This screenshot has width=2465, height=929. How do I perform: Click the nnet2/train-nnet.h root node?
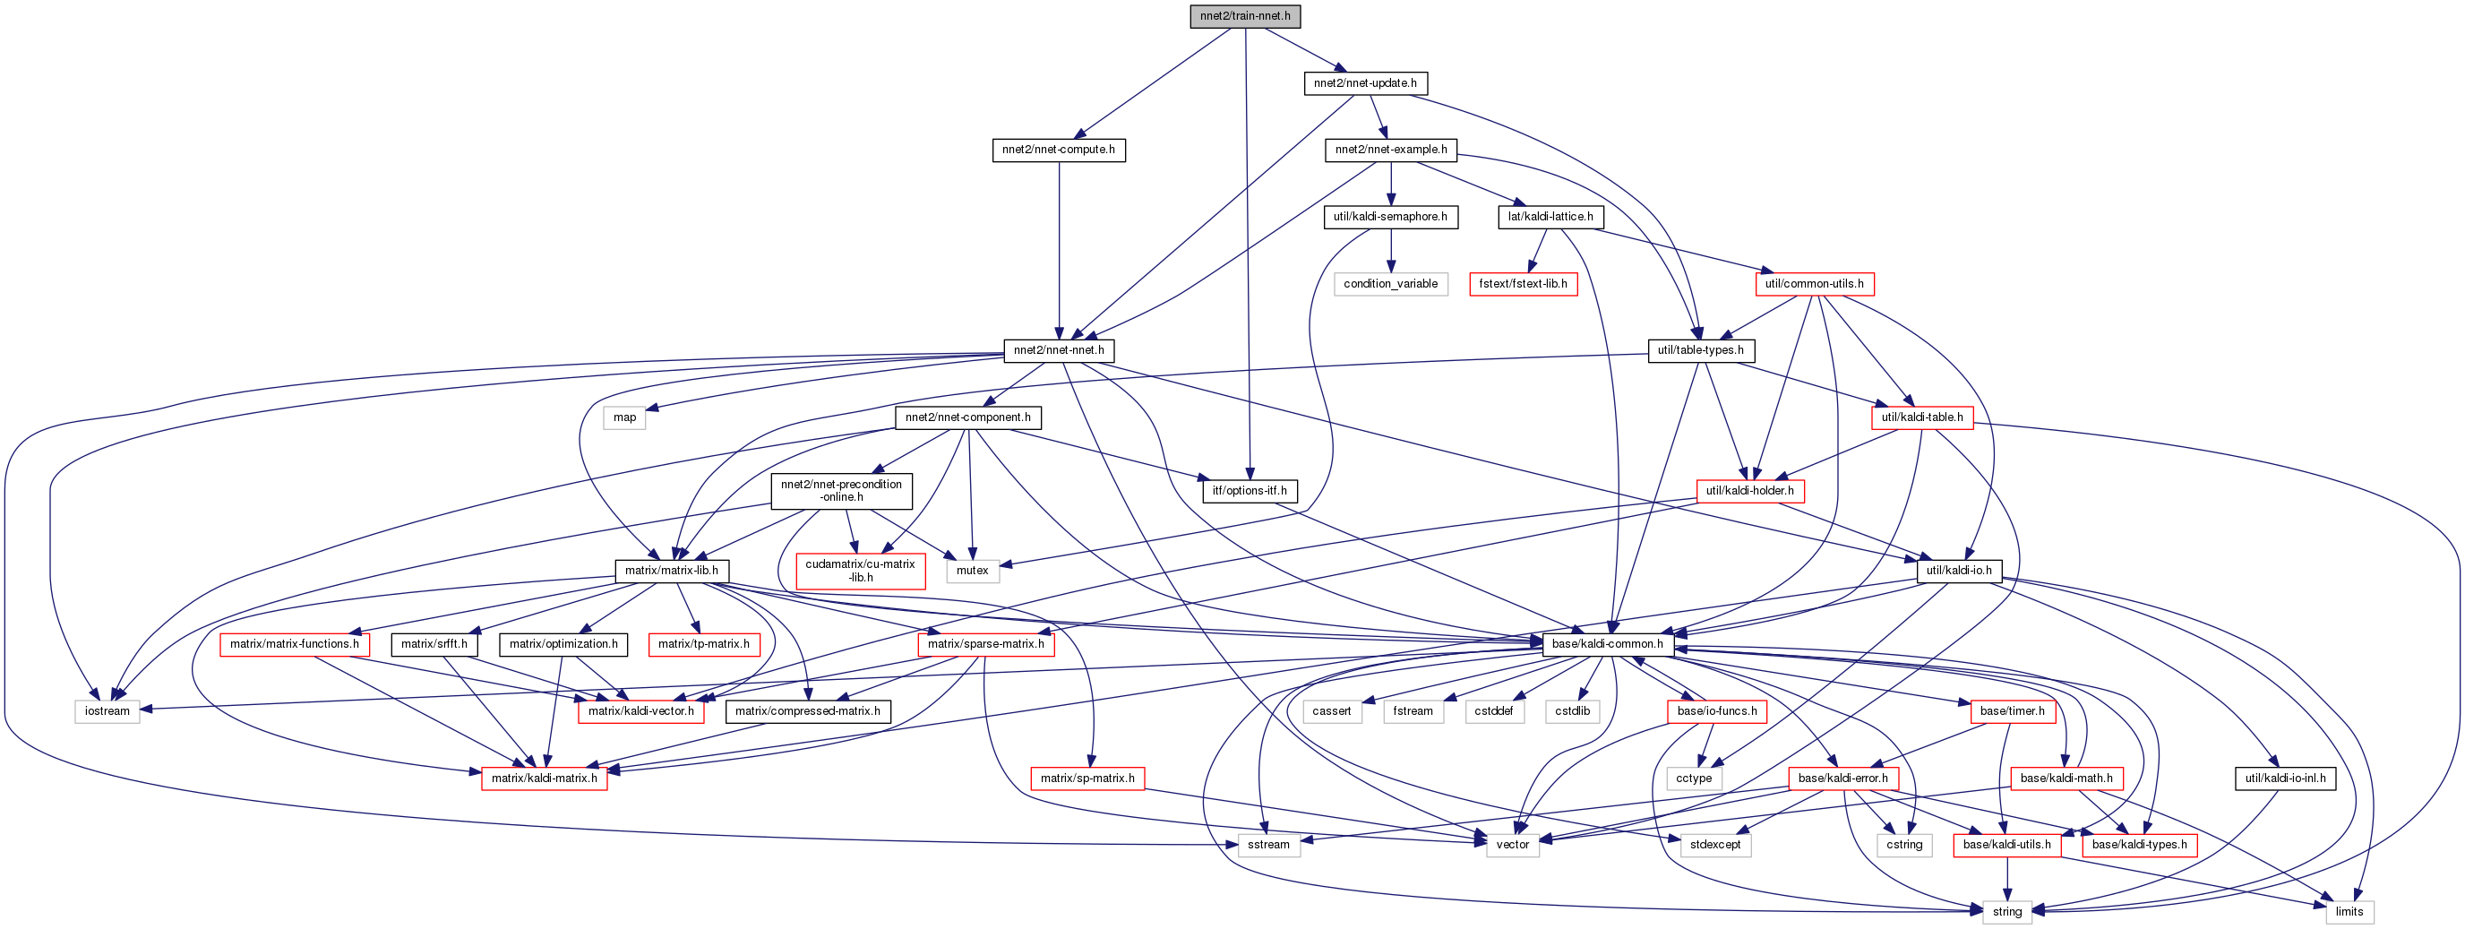pos(1245,16)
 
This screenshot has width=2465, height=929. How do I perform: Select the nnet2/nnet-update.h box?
pos(1364,83)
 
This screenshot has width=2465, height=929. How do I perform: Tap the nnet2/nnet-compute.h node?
pos(1059,151)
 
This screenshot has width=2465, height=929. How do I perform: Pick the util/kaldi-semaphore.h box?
pos(1390,217)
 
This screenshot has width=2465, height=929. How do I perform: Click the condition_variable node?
pos(1390,284)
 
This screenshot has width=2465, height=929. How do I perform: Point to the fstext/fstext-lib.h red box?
pos(1523,284)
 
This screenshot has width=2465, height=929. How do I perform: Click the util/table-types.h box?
pos(1700,351)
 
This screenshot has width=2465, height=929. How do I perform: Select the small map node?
pos(624,418)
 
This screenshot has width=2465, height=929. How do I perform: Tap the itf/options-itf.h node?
pos(1249,491)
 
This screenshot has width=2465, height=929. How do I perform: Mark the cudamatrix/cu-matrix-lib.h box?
pos(860,572)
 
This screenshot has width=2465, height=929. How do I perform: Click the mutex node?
pos(972,572)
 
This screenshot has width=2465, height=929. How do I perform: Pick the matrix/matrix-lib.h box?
pos(671,572)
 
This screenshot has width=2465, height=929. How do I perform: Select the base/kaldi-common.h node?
pos(1608,645)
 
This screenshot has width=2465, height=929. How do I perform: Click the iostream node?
pos(107,712)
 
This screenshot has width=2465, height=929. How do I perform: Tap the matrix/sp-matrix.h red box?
pos(1087,778)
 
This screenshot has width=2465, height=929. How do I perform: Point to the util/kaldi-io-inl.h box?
pos(2285,778)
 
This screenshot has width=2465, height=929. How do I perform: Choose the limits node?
pos(2349,912)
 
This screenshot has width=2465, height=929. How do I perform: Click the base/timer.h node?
pos(2012,712)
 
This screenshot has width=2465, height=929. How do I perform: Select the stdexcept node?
pos(1714,846)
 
